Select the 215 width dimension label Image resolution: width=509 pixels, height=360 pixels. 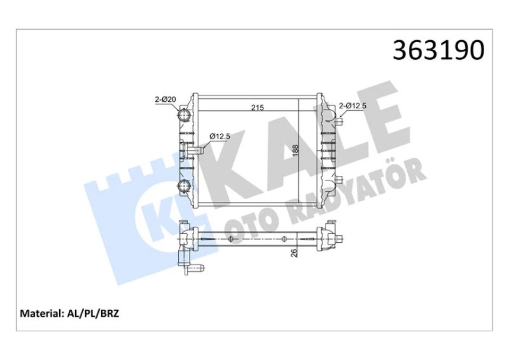tap(257, 107)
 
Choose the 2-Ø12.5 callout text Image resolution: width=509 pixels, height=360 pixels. tap(353, 107)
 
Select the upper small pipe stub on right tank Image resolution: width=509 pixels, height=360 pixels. tap(339, 123)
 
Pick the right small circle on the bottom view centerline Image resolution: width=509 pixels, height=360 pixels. tap(285, 239)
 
